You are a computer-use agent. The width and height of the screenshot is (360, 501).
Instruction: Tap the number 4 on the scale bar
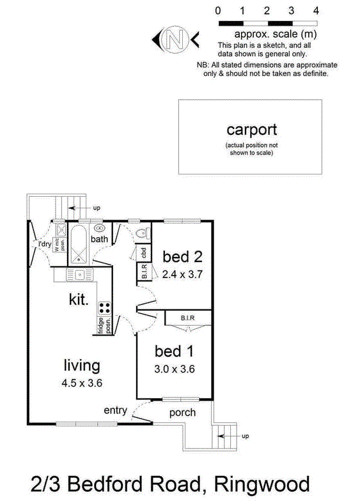click(315, 11)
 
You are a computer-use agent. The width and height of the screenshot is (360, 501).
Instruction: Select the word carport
click(252, 130)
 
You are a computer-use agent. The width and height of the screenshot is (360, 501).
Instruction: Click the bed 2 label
click(182, 257)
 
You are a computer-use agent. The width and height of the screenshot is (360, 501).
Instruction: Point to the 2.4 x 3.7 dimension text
click(182, 275)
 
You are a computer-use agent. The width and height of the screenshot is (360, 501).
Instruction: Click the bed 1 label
click(173, 351)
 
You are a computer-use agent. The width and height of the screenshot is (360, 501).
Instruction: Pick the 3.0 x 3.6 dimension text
click(173, 369)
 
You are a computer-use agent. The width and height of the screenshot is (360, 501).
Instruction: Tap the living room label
click(82, 366)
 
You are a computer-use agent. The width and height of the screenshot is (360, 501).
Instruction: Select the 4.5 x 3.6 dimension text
click(82, 384)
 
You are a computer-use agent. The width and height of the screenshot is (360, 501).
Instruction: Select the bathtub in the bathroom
click(80, 243)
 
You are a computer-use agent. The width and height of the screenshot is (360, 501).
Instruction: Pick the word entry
click(115, 410)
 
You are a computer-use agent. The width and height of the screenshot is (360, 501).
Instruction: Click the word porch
click(182, 413)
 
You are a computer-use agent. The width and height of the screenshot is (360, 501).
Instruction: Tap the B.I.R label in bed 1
click(187, 317)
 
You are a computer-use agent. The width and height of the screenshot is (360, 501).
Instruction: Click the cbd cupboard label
click(144, 252)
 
